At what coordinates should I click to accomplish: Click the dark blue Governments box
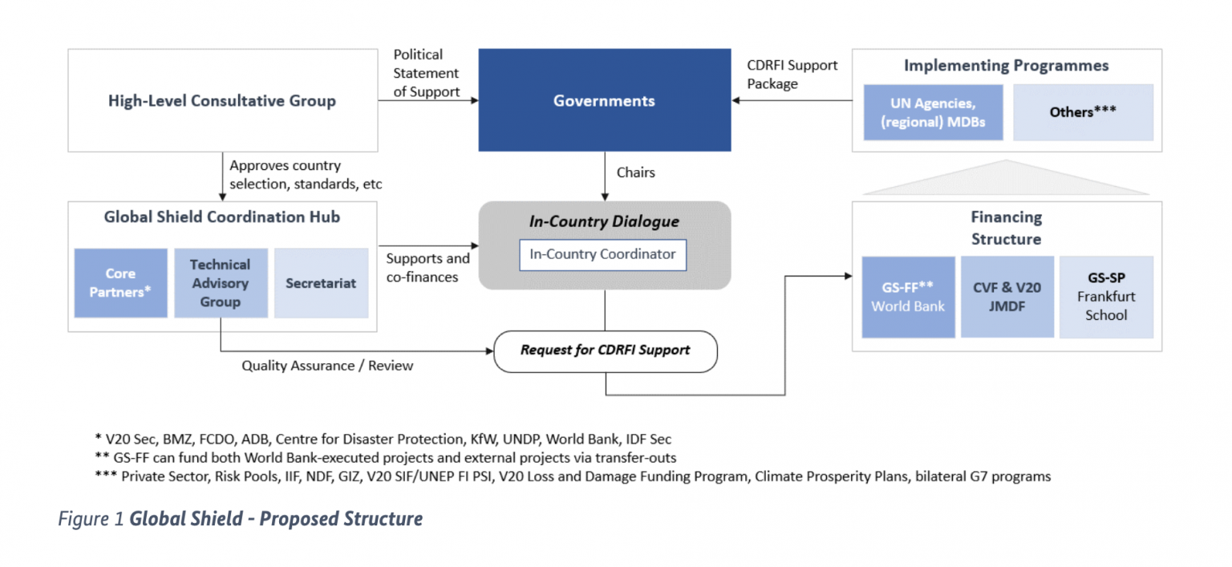pyautogui.click(x=604, y=101)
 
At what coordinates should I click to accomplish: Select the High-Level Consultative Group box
pyautogui.click(x=222, y=101)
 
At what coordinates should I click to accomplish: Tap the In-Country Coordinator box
pyautogui.click(x=602, y=254)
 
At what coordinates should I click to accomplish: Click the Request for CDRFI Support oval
pyautogui.click(x=605, y=350)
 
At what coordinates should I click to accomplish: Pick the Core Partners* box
pyautogui.click(x=120, y=283)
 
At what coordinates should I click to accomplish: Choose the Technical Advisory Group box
pyautogui.click(x=221, y=283)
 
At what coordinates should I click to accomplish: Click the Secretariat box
pyautogui.click(x=321, y=283)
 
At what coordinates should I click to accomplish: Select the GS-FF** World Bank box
pyautogui.click(x=908, y=297)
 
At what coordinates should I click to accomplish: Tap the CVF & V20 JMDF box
pyautogui.click(x=1007, y=297)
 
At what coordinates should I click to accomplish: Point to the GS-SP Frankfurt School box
pyautogui.click(x=1106, y=297)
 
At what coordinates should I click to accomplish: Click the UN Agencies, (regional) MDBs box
pyautogui.click(x=933, y=112)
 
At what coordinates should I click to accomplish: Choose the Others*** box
pyautogui.click(x=1083, y=112)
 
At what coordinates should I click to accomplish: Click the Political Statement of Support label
pyautogui.click(x=426, y=73)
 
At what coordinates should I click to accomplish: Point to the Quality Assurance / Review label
pyautogui.click(x=327, y=366)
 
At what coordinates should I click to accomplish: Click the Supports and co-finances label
pyautogui.click(x=428, y=268)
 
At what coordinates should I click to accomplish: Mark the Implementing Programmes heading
pyautogui.click(x=1006, y=66)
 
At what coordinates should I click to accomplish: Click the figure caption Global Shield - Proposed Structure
pyautogui.click(x=241, y=519)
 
